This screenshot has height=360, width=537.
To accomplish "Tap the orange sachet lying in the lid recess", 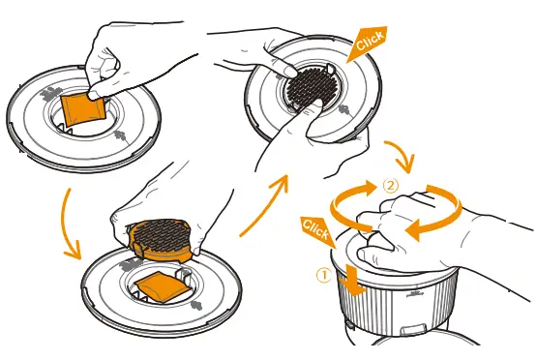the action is coord(162,286).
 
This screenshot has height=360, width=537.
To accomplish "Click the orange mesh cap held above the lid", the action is coord(160,240).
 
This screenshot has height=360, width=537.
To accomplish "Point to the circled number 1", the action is coord(323,276).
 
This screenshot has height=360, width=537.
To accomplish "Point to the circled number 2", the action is coord(391,186).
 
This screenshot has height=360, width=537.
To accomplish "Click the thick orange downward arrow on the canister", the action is coord(353,279).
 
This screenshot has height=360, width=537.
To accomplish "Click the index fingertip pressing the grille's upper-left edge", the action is coord(290,72).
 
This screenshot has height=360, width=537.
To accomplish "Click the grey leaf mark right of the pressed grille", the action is coord(344,110).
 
